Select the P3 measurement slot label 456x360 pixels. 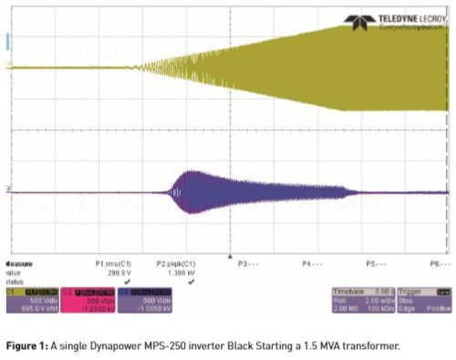click(244, 262)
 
